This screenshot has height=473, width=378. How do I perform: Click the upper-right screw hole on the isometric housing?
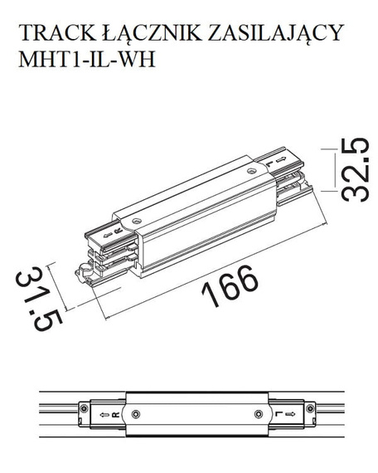point(252,171)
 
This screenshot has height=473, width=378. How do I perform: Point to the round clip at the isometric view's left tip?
point(82,271)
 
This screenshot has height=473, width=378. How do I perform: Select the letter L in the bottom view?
point(280,412)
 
